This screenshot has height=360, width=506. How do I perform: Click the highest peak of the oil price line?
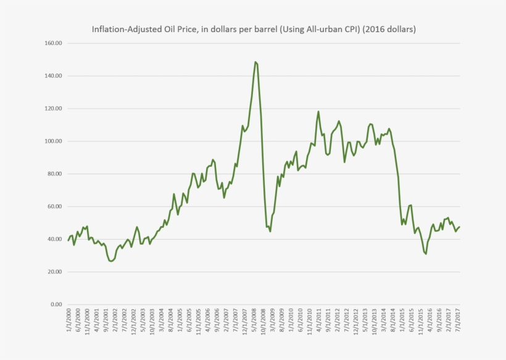click(255, 62)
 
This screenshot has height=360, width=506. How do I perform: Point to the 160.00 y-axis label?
click(54, 43)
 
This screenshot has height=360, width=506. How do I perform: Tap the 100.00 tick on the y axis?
click(54, 141)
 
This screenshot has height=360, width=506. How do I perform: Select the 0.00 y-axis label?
click(56, 304)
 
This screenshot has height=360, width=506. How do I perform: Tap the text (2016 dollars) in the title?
click(389, 29)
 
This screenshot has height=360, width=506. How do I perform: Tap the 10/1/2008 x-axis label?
click(263, 321)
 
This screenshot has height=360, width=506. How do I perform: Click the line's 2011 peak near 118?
click(318, 112)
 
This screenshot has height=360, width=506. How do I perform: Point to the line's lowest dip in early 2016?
click(426, 254)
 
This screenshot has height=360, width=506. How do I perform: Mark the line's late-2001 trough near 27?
click(110, 261)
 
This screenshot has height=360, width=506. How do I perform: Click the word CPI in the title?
click(351, 29)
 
